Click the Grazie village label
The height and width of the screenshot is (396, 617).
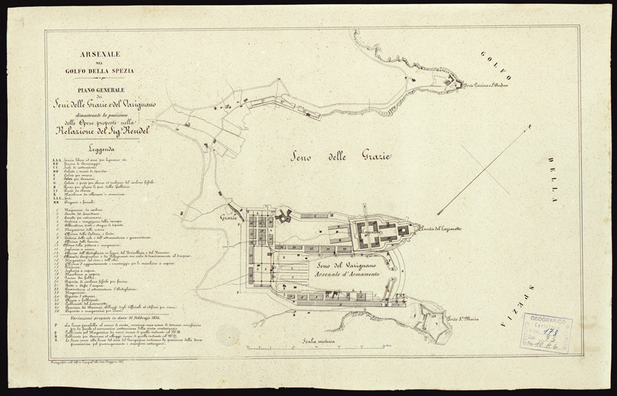pos(227,218)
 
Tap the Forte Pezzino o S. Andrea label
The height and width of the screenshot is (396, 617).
pos(484,86)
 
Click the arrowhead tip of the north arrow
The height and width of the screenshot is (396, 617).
pos(531,126)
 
